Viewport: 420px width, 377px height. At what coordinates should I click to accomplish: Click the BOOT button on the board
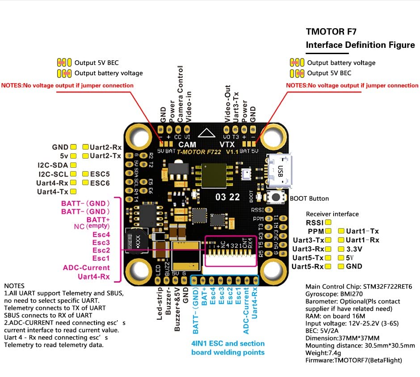[277, 197]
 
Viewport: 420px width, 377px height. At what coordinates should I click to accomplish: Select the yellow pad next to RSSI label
[328, 222]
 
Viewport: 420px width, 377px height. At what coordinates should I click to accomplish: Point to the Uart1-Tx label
[362, 231]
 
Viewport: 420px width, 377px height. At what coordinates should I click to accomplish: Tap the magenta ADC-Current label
[86, 267]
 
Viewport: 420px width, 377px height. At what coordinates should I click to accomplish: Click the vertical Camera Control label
[181, 94]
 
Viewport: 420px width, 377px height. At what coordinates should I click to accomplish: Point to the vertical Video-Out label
[227, 102]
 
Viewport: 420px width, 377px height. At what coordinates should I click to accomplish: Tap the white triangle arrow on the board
[206, 133]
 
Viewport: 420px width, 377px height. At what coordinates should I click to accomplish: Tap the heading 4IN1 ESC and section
[227, 344]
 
